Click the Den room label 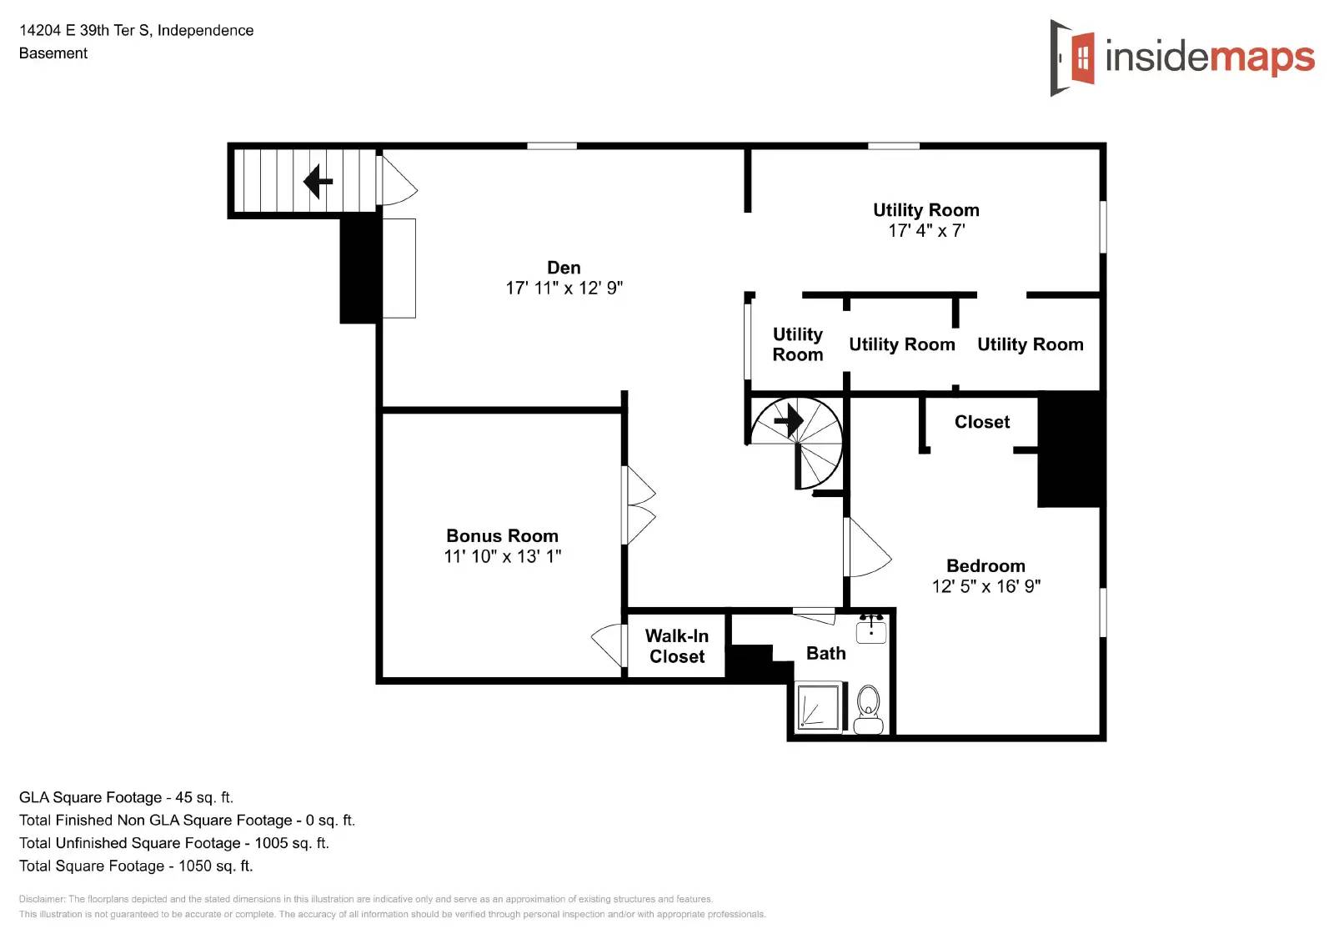(x=564, y=268)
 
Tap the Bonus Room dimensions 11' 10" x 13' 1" (x=502, y=556)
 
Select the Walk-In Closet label (x=677, y=646)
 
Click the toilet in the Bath (x=869, y=709)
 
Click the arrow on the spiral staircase (x=789, y=421)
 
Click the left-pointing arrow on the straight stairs (x=318, y=181)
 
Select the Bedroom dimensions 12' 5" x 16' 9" (x=985, y=586)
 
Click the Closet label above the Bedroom (x=981, y=422)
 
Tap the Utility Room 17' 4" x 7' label (x=925, y=220)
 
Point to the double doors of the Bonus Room (x=639, y=505)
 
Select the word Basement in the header (x=53, y=53)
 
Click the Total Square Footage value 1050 (x=195, y=866)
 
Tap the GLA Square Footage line (x=126, y=797)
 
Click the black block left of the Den (x=359, y=269)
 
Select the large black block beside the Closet (x=1071, y=449)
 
